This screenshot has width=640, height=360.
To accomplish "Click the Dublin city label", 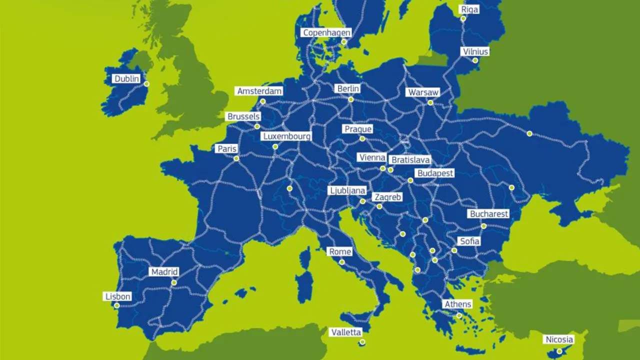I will [x=127, y=79].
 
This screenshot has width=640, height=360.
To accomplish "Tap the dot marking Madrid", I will [x=174, y=282].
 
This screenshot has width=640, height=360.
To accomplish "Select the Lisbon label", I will [x=118, y=296].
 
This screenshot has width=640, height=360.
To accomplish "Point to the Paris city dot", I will [x=236, y=158].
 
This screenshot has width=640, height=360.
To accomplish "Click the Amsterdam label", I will [x=259, y=91].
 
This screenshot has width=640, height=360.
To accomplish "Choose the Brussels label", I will [x=243, y=116].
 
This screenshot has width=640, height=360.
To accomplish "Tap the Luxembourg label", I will [x=287, y=136].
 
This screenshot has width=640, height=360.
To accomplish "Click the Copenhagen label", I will [x=326, y=32].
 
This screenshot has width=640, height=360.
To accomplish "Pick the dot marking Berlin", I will [x=351, y=99].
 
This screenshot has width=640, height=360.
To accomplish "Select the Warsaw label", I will [x=423, y=92].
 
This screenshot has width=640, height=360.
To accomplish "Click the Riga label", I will [x=470, y=9].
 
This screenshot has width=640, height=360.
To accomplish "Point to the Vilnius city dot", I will [x=475, y=60].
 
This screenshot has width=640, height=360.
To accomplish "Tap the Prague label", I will [x=358, y=129].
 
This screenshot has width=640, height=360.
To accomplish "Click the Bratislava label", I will [x=410, y=160].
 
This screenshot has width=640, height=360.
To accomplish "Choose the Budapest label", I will [x=435, y=173].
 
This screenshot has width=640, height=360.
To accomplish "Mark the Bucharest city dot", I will [x=483, y=226].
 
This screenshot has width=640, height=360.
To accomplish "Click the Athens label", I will [x=457, y=304].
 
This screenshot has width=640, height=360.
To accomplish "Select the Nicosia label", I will [x=559, y=340].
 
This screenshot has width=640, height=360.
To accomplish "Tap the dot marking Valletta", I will [x=362, y=342].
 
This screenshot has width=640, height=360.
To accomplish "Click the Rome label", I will [x=340, y=251].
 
